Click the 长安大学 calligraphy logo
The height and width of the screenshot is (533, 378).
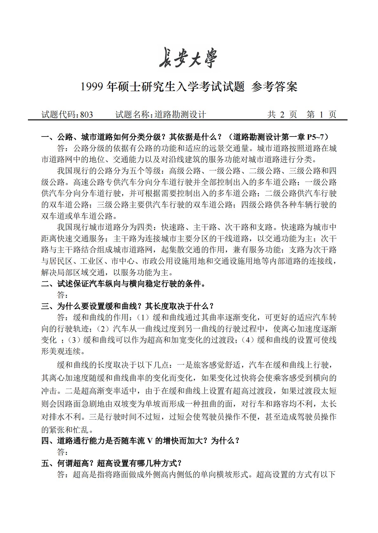coord(189,58)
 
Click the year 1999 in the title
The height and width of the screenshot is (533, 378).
coord(92,87)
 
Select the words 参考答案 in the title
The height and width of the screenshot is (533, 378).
coord(274,87)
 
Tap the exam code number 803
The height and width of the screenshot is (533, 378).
coord(87,115)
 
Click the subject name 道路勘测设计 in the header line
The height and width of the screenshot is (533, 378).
coord(180,115)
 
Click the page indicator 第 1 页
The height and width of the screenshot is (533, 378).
coord(321,115)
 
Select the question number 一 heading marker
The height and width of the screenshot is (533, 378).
coord(45,137)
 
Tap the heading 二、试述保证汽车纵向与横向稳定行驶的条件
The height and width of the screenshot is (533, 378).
coord(124,284)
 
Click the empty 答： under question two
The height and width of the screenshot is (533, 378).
coord(62,295)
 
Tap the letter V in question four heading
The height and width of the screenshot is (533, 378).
coord(149,441)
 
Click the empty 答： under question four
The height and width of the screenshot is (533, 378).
coord(62,452)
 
